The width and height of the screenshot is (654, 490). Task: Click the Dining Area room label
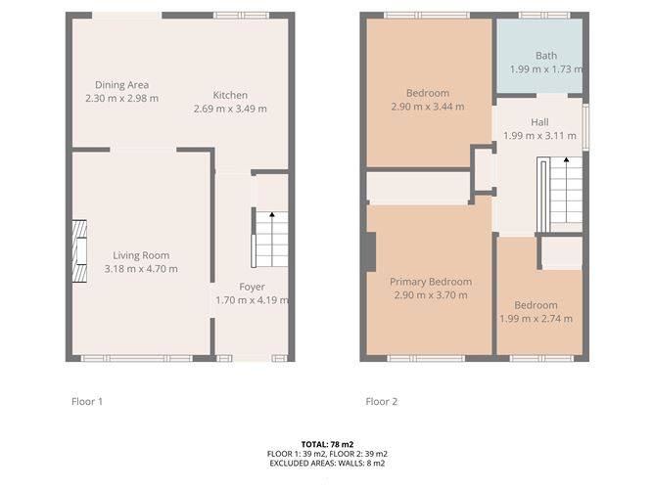pos(121,85)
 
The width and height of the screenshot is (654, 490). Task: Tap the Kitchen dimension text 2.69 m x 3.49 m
pos(230,109)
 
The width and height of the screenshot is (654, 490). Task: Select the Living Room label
pos(141,255)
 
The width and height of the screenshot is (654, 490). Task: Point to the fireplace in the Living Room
pos(79,251)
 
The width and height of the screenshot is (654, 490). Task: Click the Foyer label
pos(252,288)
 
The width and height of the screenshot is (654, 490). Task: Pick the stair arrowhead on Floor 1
pos(272,214)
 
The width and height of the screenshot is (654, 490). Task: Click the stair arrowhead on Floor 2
pos(566,159)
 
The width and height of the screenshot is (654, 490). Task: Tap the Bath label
pos(546,56)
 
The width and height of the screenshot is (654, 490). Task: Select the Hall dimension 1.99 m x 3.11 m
pos(539,136)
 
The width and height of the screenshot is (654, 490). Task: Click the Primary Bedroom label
pos(431,282)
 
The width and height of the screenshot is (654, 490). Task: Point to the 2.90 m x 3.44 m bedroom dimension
pos(428,107)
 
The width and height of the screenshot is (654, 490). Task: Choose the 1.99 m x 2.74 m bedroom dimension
pos(536,319)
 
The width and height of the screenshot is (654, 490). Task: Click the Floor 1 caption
pos(87,402)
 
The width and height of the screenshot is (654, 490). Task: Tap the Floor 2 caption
pos(381,402)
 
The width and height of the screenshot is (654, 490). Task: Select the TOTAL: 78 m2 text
pos(327,445)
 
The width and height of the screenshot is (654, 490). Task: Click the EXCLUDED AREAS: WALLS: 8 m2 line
pos(327,463)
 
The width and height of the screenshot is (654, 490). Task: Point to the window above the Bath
pos(544,16)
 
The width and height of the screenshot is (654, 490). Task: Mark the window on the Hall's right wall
pos(585,127)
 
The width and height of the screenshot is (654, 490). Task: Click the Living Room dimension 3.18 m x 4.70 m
pos(141,269)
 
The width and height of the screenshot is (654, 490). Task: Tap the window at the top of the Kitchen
pos(242,16)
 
